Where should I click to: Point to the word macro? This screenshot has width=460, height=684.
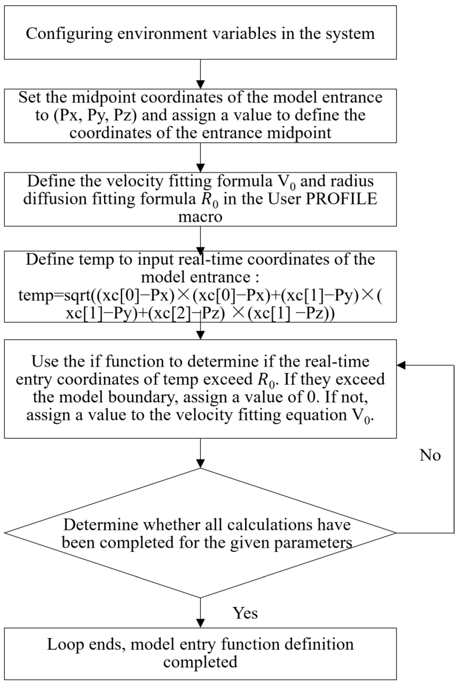coord(200,217)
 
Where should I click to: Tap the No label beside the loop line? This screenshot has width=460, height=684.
coord(430,455)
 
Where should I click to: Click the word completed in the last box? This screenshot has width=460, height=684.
coord(200,662)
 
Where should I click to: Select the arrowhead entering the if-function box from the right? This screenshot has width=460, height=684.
coord(401,365)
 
